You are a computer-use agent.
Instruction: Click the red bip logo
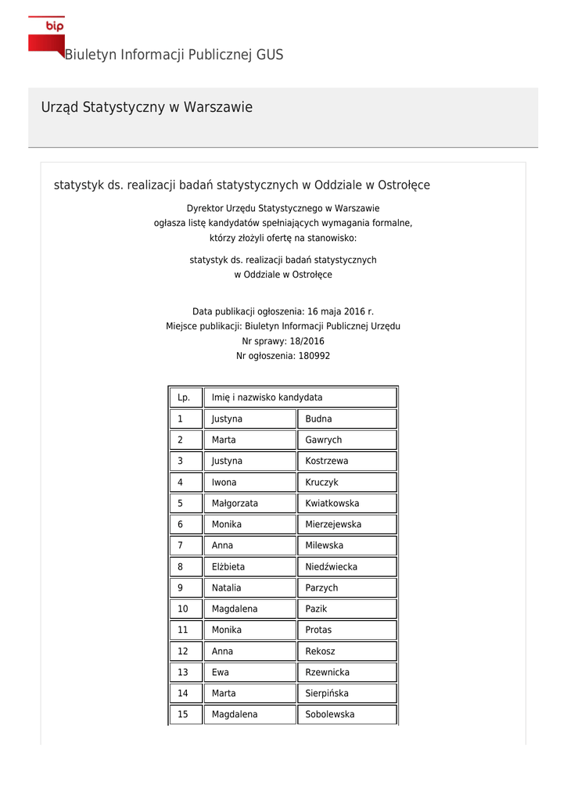click(x=47, y=35)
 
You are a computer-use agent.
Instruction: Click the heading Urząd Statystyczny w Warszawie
click(x=147, y=107)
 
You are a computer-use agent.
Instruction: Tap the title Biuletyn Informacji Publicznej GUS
click(x=174, y=55)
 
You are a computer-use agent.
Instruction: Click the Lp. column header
click(x=185, y=397)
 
